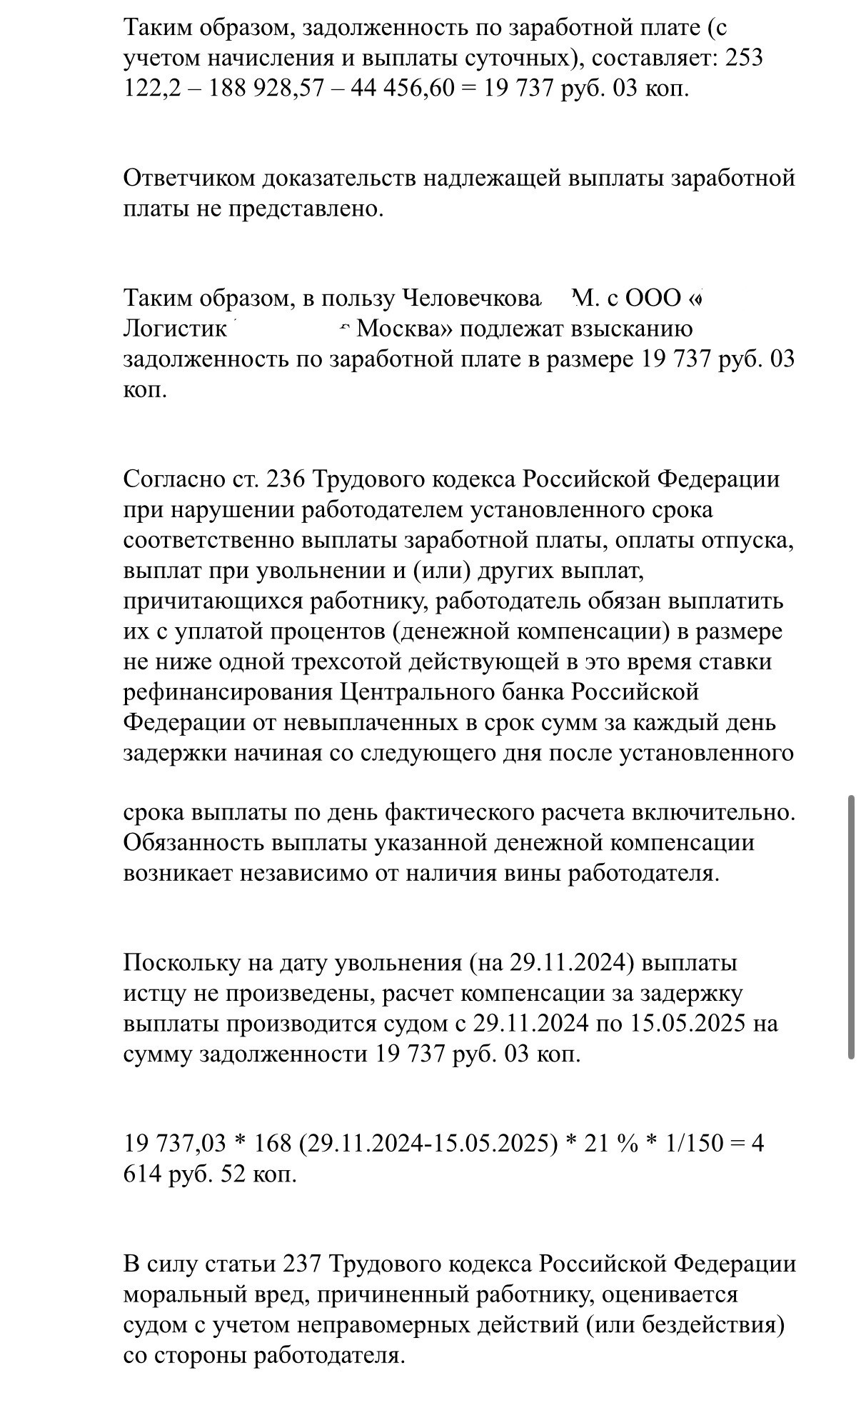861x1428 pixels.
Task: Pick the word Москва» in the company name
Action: [x=404, y=329]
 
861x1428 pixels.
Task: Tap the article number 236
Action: [x=286, y=479]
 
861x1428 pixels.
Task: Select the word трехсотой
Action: [x=347, y=662]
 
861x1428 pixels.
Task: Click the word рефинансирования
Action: [x=228, y=692]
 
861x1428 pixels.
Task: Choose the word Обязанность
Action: [x=193, y=843]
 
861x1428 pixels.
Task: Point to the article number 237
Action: [x=305, y=1264]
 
